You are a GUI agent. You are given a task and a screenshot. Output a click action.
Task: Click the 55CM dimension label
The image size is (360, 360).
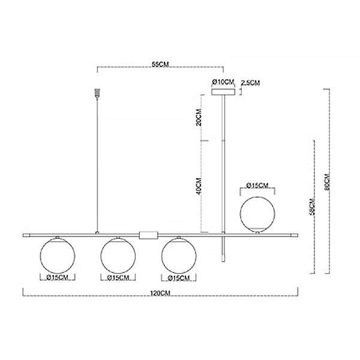tap(160, 65)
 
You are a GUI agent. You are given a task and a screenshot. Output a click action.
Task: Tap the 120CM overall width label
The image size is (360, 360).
tap(160, 293)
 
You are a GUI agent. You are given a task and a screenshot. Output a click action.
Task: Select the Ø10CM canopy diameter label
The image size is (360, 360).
tap(223, 82)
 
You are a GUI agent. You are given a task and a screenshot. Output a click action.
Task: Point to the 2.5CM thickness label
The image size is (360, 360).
tap(250, 83)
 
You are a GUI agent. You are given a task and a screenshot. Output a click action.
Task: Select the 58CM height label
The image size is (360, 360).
tap(313, 206)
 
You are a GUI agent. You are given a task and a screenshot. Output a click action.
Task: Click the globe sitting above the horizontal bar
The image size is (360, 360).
tap(257, 214)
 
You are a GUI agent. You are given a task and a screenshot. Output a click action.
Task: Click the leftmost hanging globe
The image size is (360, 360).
tap(58, 256)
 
